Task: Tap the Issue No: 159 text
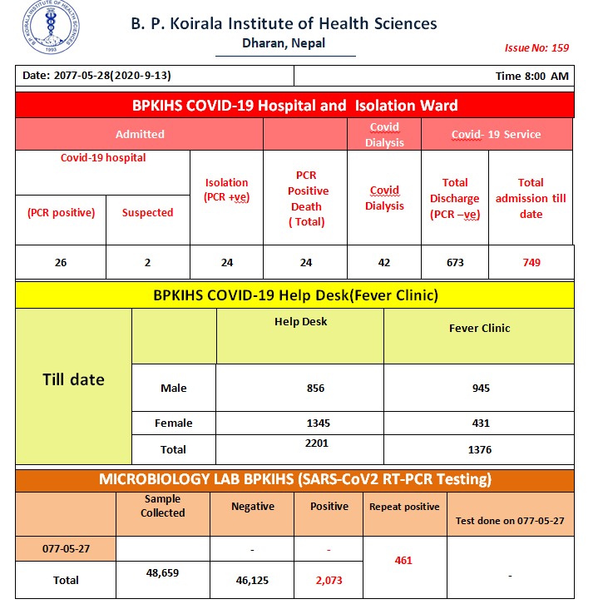[x=536, y=47]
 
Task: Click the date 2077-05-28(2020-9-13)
[x=96, y=76]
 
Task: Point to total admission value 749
[x=531, y=262]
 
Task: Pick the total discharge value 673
[x=454, y=262]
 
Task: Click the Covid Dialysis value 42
[x=384, y=262]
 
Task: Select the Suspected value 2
[x=147, y=262]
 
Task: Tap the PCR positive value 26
[x=61, y=262]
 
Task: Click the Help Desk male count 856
[x=315, y=388]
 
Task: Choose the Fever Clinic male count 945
[x=480, y=388]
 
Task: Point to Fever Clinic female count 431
[x=480, y=423]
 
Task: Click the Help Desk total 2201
[x=317, y=443]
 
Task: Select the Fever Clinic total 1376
[x=480, y=450]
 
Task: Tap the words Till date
[x=73, y=380]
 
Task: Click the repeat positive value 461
[x=403, y=561]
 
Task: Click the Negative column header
[x=253, y=506]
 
